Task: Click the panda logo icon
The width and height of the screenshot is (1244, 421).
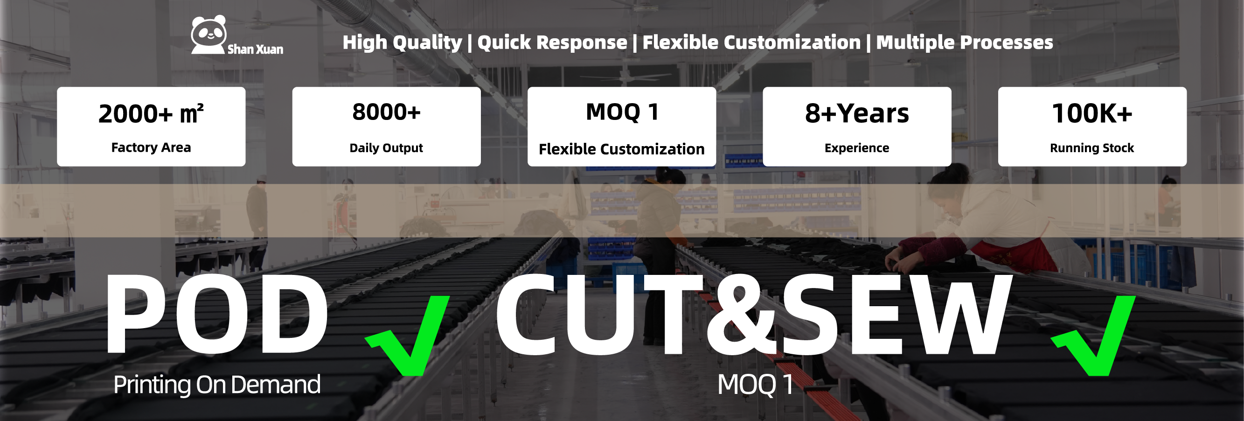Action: pyautogui.click(x=208, y=35)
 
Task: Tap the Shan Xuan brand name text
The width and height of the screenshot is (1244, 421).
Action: pyautogui.click(x=255, y=49)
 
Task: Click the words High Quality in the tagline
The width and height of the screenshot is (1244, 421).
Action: pyautogui.click(x=402, y=42)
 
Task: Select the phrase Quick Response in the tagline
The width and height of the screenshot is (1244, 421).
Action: pyautogui.click(x=552, y=42)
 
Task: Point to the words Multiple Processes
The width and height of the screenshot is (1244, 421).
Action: pyautogui.click(x=965, y=42)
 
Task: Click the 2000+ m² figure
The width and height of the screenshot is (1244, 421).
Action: pyautogui.click(x=151, y=113)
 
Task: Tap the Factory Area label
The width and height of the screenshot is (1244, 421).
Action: pyautogui.click(x=151, y=147)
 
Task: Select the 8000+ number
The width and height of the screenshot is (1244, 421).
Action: pyautogui.click(x=386, y=112)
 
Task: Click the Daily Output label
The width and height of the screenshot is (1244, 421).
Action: pyautogui.click(x=386, y=148)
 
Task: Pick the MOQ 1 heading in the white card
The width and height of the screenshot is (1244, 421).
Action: pyautogui.click(x=622, y=112)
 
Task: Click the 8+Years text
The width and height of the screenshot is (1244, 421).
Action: pyautogui.click(x=857, y=113)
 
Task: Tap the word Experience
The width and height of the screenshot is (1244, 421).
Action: pyautogui.click(x=857, y=148)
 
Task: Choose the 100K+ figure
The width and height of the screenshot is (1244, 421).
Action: pyautogui.click(x=1092, y=113)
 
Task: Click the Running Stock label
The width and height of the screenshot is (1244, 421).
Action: pyautogui.click(x=1092, y=148)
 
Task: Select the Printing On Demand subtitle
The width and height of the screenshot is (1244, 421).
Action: pyautogui.click(x=217, y=385)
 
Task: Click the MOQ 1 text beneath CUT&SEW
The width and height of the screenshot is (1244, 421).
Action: pyautogui.click(x=755, y=385)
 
